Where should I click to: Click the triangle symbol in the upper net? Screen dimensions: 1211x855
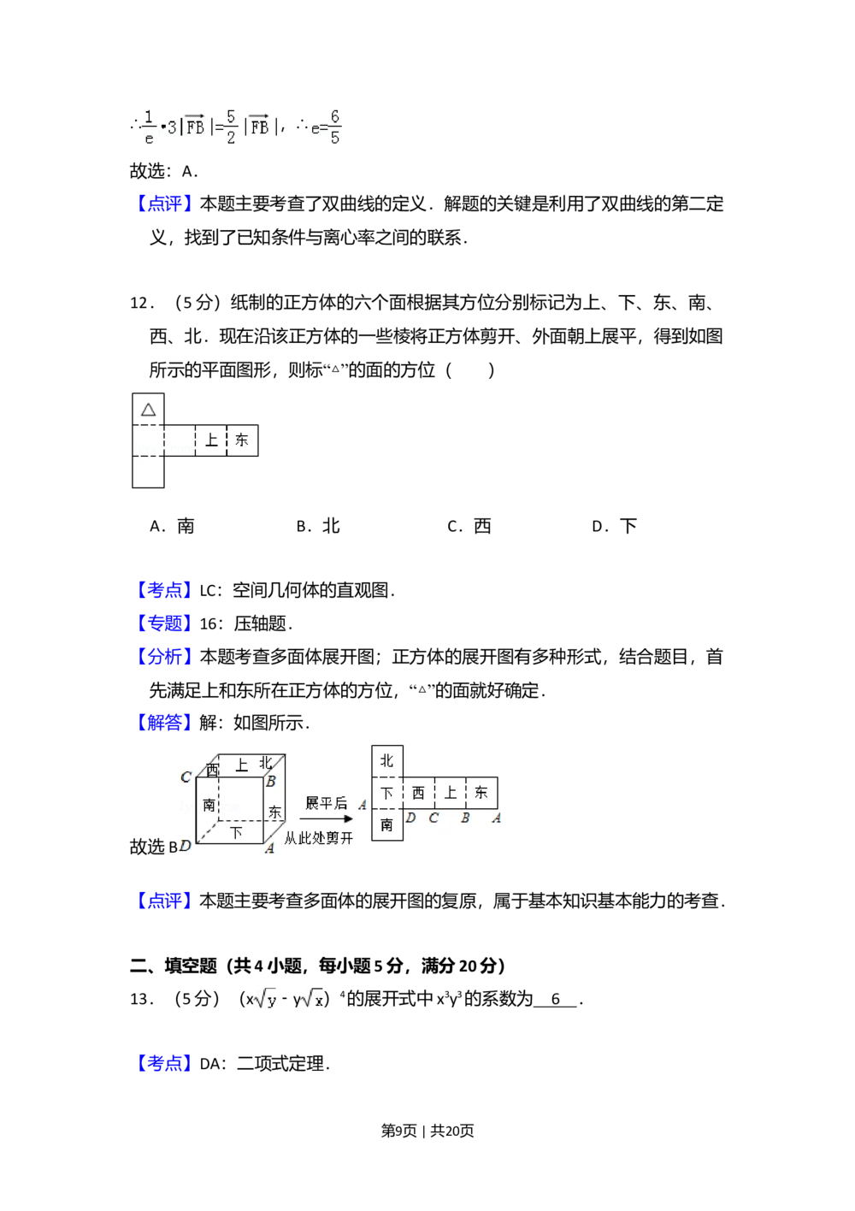[149, 410]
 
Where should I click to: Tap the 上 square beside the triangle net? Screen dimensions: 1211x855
[211, 440]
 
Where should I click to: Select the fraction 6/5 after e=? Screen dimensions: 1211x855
[334, 127]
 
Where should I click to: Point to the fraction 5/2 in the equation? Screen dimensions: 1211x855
[231, 127]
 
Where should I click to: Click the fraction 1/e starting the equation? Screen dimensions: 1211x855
[149, 127]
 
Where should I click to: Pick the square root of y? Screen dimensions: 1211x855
[266, 999]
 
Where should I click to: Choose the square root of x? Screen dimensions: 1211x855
[313, 999]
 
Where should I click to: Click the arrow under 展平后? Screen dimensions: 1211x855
[329, 819]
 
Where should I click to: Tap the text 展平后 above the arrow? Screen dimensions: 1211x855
[327, 803]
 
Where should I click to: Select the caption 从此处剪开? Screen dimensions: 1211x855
[318, 839]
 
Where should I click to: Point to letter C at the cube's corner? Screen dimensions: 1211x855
[186, 777]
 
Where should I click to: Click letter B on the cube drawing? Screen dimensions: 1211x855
[270, 781]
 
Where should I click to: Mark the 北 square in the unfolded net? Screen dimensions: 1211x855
[387, 760]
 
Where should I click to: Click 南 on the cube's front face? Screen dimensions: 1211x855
[209, 805]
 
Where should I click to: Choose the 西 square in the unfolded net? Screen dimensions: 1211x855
[418, 793]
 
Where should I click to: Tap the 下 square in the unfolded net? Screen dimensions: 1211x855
[387, 793]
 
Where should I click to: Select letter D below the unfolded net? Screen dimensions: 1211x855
[410, 818]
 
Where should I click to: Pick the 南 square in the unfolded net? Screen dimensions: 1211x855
[387, 824]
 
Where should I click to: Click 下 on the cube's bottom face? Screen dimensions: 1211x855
[236, 831]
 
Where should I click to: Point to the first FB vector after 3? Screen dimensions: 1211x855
[195, 127]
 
